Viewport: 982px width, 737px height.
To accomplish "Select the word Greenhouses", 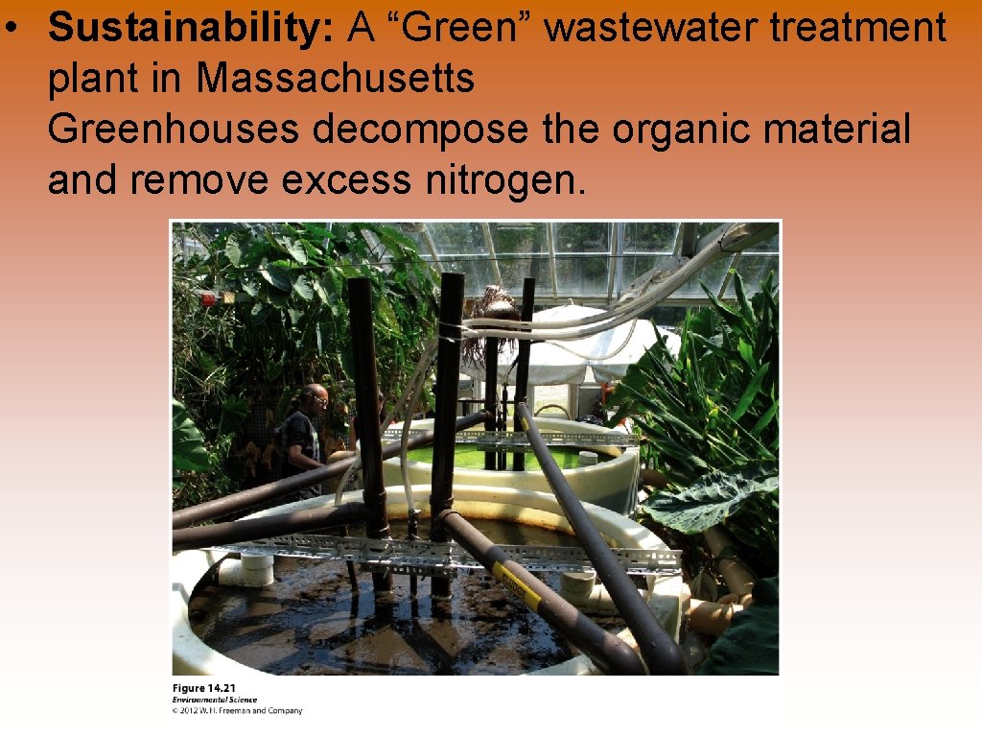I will tap(174, 129).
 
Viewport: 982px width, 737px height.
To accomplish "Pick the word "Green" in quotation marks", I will tap(454, 29).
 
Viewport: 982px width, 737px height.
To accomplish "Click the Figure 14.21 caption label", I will tap(203, 688).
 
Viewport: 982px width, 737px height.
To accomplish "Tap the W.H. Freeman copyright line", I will tap(237, 711).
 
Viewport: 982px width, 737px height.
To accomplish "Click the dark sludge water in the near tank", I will tap(316, 624).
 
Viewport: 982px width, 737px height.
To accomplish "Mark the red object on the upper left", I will tap(208, 300).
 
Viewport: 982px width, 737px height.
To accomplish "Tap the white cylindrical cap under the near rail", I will tap(256, 568).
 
